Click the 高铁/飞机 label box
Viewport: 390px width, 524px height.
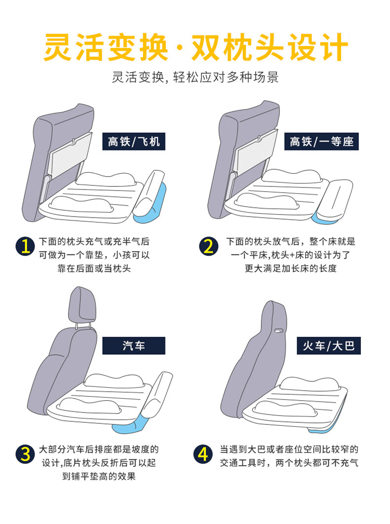(134, 141)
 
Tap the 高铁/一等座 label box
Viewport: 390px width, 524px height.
(321, 141)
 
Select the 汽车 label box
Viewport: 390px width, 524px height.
(134, 345)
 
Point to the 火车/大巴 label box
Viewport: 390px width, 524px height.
(329, 345)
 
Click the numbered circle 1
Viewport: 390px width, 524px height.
(25, 247)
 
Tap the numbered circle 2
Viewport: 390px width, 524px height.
(209, 247)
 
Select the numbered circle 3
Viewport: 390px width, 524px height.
(25, 454)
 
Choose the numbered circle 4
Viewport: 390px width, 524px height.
(203, 454)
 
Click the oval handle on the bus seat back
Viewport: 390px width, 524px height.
(278, 331)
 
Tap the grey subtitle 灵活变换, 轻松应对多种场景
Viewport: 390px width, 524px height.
(195, 77)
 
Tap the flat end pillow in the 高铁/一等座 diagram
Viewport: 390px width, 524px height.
(335, 198)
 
